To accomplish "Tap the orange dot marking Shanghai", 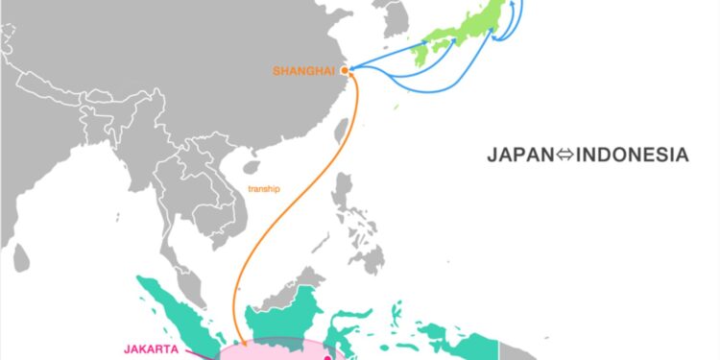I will [345, 69].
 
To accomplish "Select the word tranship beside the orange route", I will [264, 189].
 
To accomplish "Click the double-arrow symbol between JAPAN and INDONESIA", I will [563, 155].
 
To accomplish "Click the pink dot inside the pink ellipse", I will [326, 357].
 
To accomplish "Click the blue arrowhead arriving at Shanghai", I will [352, 68].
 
